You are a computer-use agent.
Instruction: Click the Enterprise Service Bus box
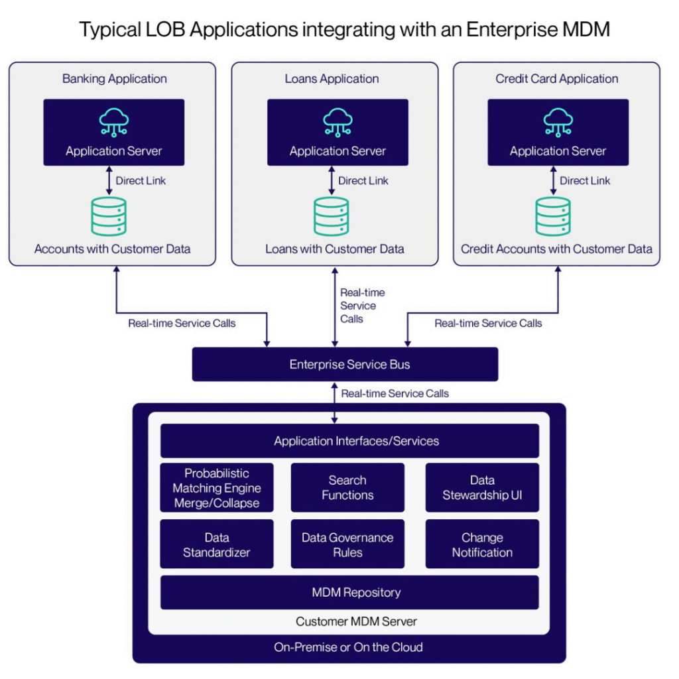345,365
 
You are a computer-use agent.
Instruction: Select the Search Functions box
347,487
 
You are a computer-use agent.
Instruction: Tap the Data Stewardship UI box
482,487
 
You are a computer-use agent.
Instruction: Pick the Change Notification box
482,544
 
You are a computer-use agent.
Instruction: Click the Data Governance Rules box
347,544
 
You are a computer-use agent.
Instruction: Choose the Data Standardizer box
217,544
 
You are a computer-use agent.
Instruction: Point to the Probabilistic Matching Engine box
217,487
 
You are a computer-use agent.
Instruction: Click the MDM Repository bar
349,592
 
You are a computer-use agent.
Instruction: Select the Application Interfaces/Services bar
349,441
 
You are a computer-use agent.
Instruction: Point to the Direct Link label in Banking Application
141,180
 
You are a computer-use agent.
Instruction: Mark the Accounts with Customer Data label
112,249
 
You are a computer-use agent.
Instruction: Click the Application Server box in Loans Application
338,133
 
